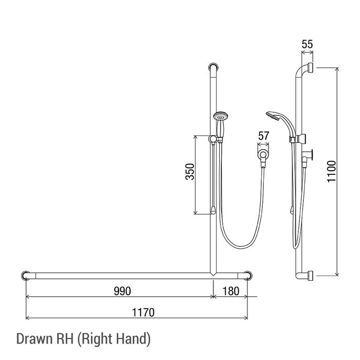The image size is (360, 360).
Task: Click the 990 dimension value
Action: click(x=122, y=292)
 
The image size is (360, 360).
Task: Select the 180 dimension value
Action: click(x=231, y=292)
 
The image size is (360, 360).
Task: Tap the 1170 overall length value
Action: click(x=143, y=313)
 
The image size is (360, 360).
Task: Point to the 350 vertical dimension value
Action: click(x=190, y=171)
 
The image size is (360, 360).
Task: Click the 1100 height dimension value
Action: click(x=331, y=171)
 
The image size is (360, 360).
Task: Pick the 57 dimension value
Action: click(x=263, y=136)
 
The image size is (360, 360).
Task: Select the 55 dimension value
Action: click(x=307, y=44)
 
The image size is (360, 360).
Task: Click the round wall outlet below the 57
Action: click(x=263, y=154)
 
